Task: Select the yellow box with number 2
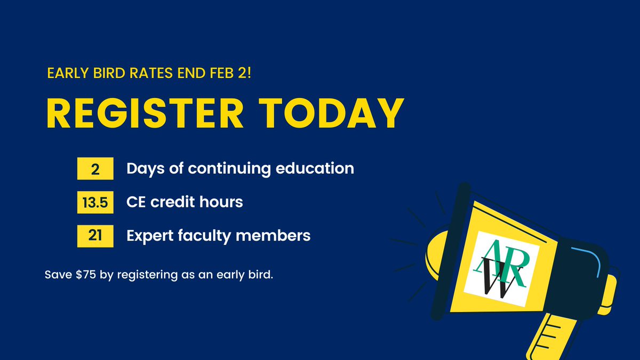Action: [x=95, y=169]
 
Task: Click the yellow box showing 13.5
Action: [x=95, y=202]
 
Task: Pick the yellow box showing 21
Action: [x=95, y=236]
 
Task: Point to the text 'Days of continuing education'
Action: [x=240, y=169]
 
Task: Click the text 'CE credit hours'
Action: [x=185, y=202]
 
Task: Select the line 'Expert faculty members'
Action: [x=218, y=235]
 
